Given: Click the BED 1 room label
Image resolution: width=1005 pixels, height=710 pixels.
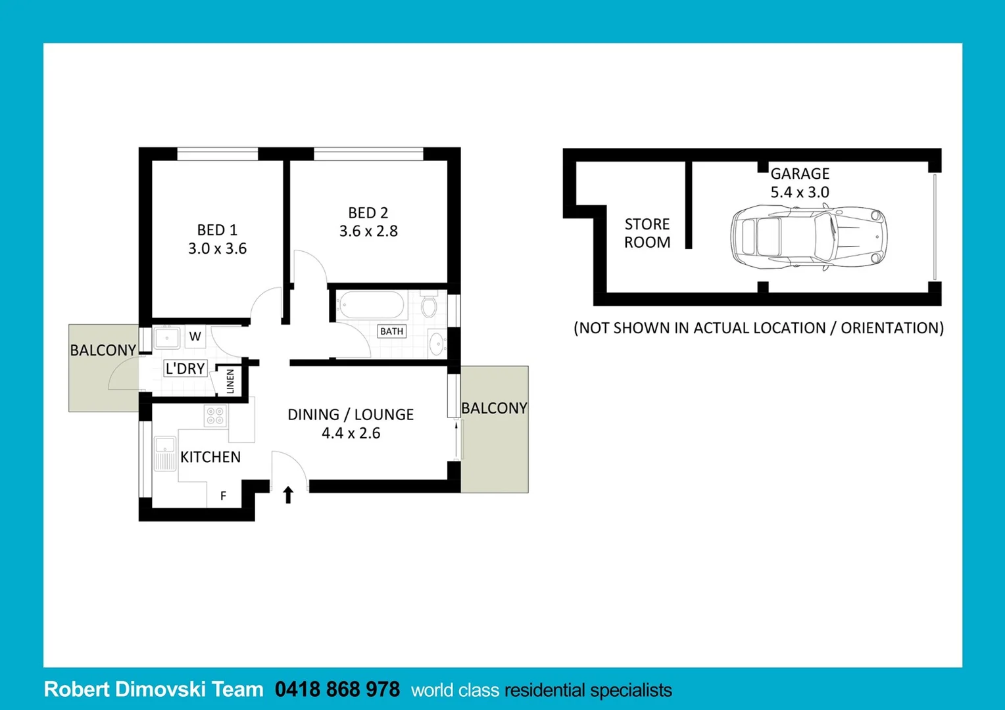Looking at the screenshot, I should [217, 230].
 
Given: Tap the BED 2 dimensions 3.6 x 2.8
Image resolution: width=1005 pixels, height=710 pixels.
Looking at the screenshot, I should [368, 231].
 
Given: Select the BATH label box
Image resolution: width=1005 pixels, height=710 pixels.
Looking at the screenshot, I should [392, 331].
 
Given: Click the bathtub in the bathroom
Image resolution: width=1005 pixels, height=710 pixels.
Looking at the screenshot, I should [370, 306].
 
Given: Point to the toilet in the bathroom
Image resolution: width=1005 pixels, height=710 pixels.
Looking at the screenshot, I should [429, 306].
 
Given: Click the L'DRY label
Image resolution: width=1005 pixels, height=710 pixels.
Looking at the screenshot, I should [185, 369].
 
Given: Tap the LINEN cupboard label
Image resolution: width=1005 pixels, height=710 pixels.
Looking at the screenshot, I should [230, 381].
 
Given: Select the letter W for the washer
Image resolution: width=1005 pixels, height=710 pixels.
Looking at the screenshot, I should [195, 337].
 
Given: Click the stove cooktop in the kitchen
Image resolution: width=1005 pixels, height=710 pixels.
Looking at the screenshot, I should [215, 415].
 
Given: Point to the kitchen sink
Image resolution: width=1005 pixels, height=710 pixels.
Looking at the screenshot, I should [165, 453].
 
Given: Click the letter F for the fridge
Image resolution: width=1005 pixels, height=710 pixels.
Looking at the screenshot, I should [223, 496].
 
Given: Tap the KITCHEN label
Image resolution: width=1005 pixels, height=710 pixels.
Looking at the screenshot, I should [210, 457].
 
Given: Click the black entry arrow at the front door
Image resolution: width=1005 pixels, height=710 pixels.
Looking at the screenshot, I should [288, 494].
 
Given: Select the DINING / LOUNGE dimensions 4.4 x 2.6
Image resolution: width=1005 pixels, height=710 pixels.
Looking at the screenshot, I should [351, 433].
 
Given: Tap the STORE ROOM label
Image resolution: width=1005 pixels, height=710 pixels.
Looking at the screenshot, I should [647, 233].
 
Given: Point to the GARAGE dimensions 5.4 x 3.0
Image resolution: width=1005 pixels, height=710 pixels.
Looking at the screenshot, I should [800, 193].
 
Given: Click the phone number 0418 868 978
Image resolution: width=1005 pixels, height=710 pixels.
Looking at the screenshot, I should [337, 689].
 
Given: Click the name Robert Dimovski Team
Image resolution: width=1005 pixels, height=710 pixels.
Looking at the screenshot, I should [153, 689].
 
